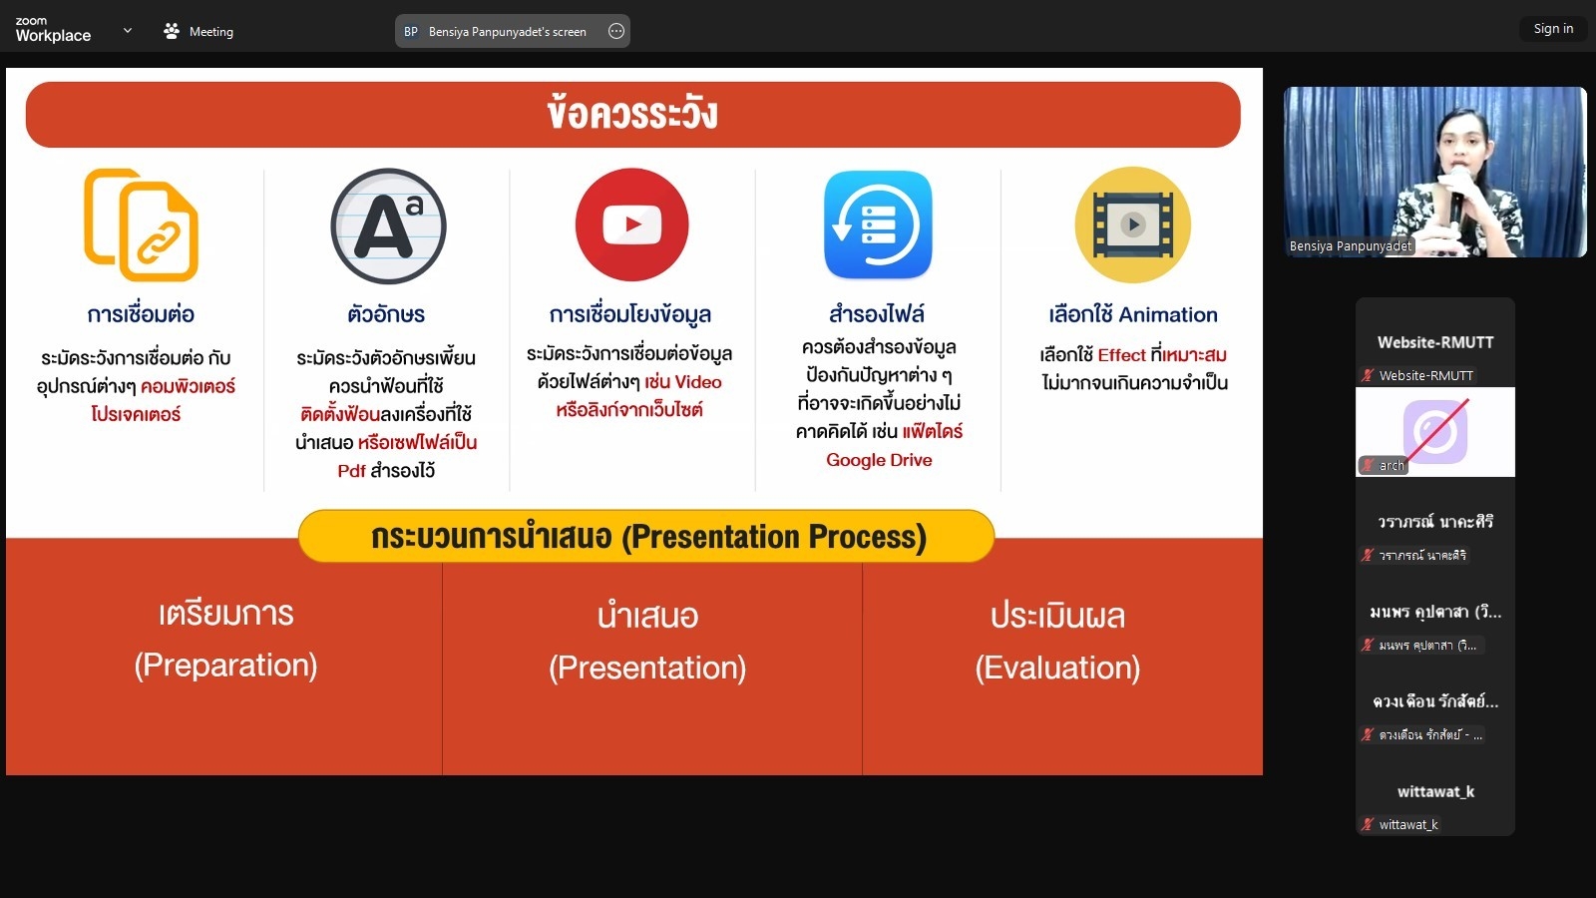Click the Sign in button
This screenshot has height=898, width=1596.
pos(1553,29)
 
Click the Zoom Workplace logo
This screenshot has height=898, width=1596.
pos(53,30)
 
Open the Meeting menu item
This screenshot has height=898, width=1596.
pos(199,31)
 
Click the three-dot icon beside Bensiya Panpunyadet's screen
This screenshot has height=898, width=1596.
pos(616,31)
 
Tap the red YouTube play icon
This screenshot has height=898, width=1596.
pos(632,224)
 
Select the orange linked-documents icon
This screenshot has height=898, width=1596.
pos(141,225)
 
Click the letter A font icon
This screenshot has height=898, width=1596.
pos(388,225)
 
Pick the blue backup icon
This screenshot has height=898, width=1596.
pos(878,224)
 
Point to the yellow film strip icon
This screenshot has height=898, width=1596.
pos(1133,224)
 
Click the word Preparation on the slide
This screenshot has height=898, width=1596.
pos(225,665)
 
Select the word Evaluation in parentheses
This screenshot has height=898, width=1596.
pos(1057,668)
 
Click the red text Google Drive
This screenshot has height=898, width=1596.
pos(879,460)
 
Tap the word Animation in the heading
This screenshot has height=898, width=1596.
pos(1168,314)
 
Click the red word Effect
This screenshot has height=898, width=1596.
pos(1121,355)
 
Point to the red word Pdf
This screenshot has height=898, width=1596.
pos(351,471)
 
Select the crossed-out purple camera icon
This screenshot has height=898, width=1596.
pos(1435,431)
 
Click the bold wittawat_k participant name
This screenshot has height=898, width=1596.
pos(1435,792)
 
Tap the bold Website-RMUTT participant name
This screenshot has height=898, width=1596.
pos(1435,342)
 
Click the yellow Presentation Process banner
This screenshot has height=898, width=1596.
pos(646,536)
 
